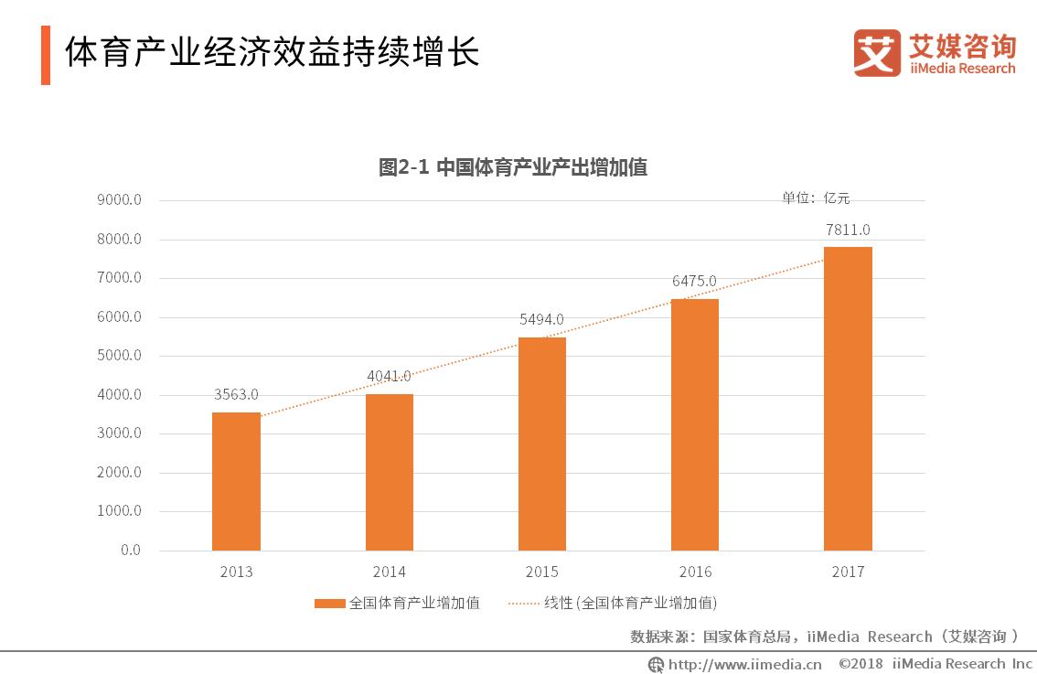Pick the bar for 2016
coord(694,424)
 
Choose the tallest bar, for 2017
coord(847,398)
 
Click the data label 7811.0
coord(847,230)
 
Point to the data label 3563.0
coord(236,394)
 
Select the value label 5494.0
coord(541,319)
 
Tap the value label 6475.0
coord(694,281)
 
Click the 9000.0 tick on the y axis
coord(119,200)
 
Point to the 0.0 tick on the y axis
coord(130,551)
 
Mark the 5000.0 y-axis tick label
coord(119,356)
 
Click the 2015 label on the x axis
coord(541,572)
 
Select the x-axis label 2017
coord(847,572)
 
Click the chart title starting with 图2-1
coord(513,167)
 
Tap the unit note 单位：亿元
coord(815,198)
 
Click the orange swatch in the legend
coord(330,603)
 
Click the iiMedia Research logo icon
coord(876,53)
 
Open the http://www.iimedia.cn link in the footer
coord(744,664)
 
